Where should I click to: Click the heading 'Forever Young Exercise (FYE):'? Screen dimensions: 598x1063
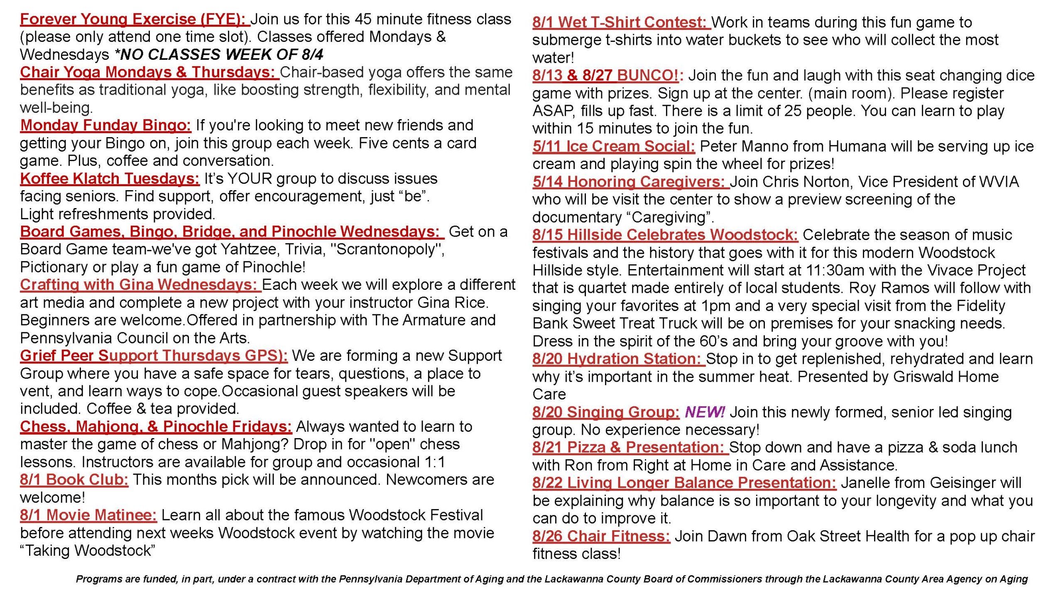tap(134, 19)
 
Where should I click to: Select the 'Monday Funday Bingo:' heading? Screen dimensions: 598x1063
tap(105, 125)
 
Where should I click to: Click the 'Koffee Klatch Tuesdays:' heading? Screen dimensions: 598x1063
tap(110, 179)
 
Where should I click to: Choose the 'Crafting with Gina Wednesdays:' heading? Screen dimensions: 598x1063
tap(140, 285)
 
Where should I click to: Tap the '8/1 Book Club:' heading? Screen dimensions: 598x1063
tap(74, 480)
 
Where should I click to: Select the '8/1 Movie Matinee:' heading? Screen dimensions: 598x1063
tap(88, 515)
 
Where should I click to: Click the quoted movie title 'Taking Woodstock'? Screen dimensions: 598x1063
tap(88, 551)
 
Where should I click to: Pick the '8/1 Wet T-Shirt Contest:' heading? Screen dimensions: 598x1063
tap(621, 22)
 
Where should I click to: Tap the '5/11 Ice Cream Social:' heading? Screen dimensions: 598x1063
tap(614, 146)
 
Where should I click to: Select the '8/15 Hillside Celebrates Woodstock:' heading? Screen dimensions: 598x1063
tap(665, 235)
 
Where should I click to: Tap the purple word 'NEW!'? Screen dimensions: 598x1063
tap(704, 412)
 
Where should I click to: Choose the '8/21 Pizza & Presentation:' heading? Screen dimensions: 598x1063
tap(630, 447)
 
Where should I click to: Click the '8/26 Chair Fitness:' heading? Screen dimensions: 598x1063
tap(601, 536)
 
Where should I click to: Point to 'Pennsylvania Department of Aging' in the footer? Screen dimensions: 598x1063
tap(422, 579)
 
